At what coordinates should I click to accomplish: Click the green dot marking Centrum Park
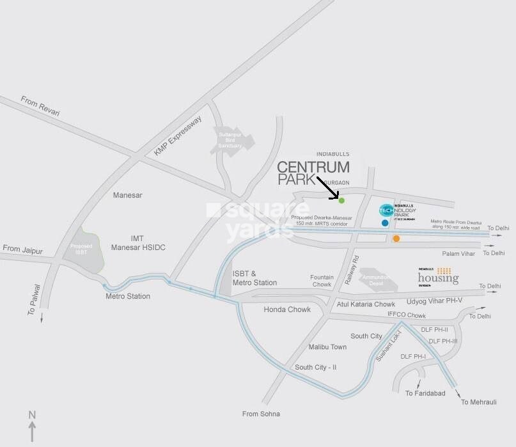[x=341, y=201]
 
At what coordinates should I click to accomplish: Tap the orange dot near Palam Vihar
[x=396, y=239]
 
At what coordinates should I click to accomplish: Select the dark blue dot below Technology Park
[x=384, y=223]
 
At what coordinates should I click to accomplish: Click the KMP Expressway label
[x=178, y=136]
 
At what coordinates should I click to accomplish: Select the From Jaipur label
[x=23, y=248]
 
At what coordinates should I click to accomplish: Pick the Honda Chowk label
[x=287, y=310]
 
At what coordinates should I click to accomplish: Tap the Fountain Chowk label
[x=321, y=280]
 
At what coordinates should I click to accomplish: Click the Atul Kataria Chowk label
[x=366, y=304]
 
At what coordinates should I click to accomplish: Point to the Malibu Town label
[x=327, y=347]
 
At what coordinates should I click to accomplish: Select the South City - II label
[x=316, y=367]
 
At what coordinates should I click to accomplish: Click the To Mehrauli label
[x=478, y=402]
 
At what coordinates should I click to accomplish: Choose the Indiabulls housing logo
[x=438, y=276]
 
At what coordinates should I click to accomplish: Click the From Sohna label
[x=261, y=414]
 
